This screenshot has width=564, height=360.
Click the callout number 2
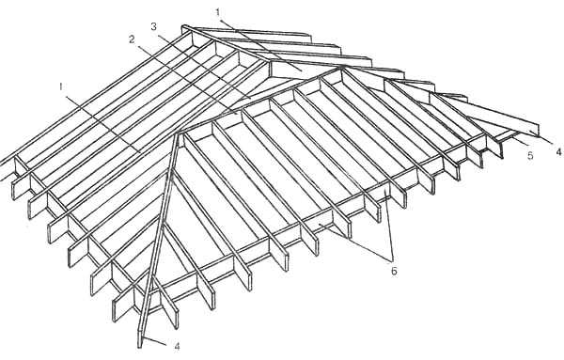132,39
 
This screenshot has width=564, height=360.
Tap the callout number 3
154,27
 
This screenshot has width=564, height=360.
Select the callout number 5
530,156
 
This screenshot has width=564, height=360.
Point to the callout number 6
394,271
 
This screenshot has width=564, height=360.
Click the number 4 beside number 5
558,152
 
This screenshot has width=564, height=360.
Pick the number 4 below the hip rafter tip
177,346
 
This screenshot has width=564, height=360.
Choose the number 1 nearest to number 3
218,12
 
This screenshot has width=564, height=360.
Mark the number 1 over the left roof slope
61,86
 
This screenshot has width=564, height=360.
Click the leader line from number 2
186,79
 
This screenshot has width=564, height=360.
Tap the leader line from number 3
203,65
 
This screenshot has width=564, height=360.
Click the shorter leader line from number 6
389,226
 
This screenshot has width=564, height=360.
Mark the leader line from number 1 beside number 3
260,43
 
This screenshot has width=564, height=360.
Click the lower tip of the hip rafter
140,347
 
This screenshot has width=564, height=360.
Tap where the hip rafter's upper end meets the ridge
179,133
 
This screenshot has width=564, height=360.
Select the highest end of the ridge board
184,27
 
